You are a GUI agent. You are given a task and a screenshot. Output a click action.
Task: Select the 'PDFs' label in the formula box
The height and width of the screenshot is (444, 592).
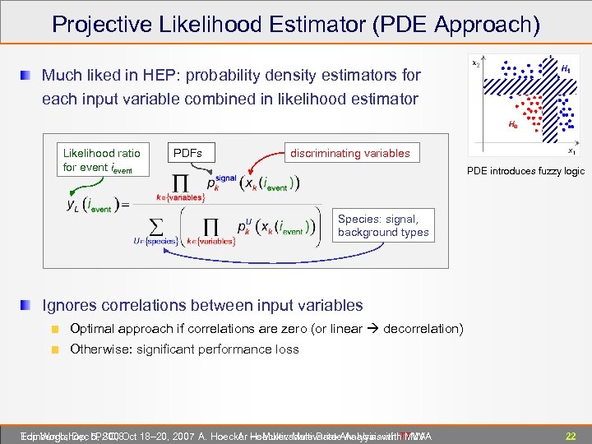coord(188,153)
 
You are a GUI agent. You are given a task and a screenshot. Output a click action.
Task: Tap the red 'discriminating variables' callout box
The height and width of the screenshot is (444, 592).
coord(349,153)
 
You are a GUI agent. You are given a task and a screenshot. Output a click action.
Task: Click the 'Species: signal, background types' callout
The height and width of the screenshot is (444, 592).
coord(383,225)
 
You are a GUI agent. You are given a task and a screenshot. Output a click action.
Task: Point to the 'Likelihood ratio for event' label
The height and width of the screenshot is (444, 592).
coord(101,160)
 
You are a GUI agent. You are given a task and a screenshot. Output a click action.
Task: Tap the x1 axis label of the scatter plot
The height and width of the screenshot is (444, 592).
coord(571,151)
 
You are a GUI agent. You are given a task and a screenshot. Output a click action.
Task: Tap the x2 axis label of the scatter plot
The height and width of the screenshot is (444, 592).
coord(476,63)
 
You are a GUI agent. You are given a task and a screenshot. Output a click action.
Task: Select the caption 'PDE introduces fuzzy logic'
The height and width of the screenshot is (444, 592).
coord(525,171)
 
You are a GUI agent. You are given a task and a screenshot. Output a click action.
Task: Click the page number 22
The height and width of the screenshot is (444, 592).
coord(569,435)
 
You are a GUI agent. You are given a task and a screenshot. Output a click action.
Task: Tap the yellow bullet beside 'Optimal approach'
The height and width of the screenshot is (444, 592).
coord(55,329)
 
